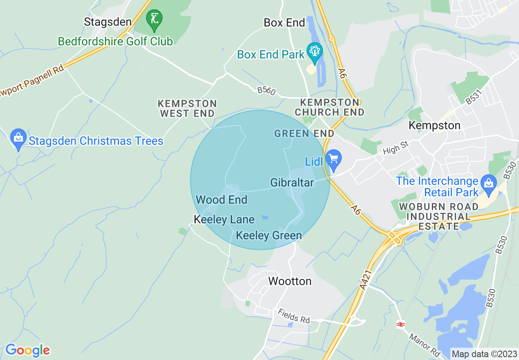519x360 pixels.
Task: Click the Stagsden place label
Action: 108,22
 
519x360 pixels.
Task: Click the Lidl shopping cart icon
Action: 334,160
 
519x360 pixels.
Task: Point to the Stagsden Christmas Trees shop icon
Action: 18,139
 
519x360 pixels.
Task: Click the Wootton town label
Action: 290,281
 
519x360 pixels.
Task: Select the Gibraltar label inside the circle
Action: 292,182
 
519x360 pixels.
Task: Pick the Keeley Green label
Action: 269,235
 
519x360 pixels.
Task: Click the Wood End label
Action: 221,200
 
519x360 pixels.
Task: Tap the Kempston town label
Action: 434,125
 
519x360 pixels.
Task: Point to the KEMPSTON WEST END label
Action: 187,108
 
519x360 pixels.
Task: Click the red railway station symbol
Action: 400,324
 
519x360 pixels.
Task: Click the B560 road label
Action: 266,90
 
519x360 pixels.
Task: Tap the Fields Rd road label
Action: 293,316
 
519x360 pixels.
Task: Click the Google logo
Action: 27,350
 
